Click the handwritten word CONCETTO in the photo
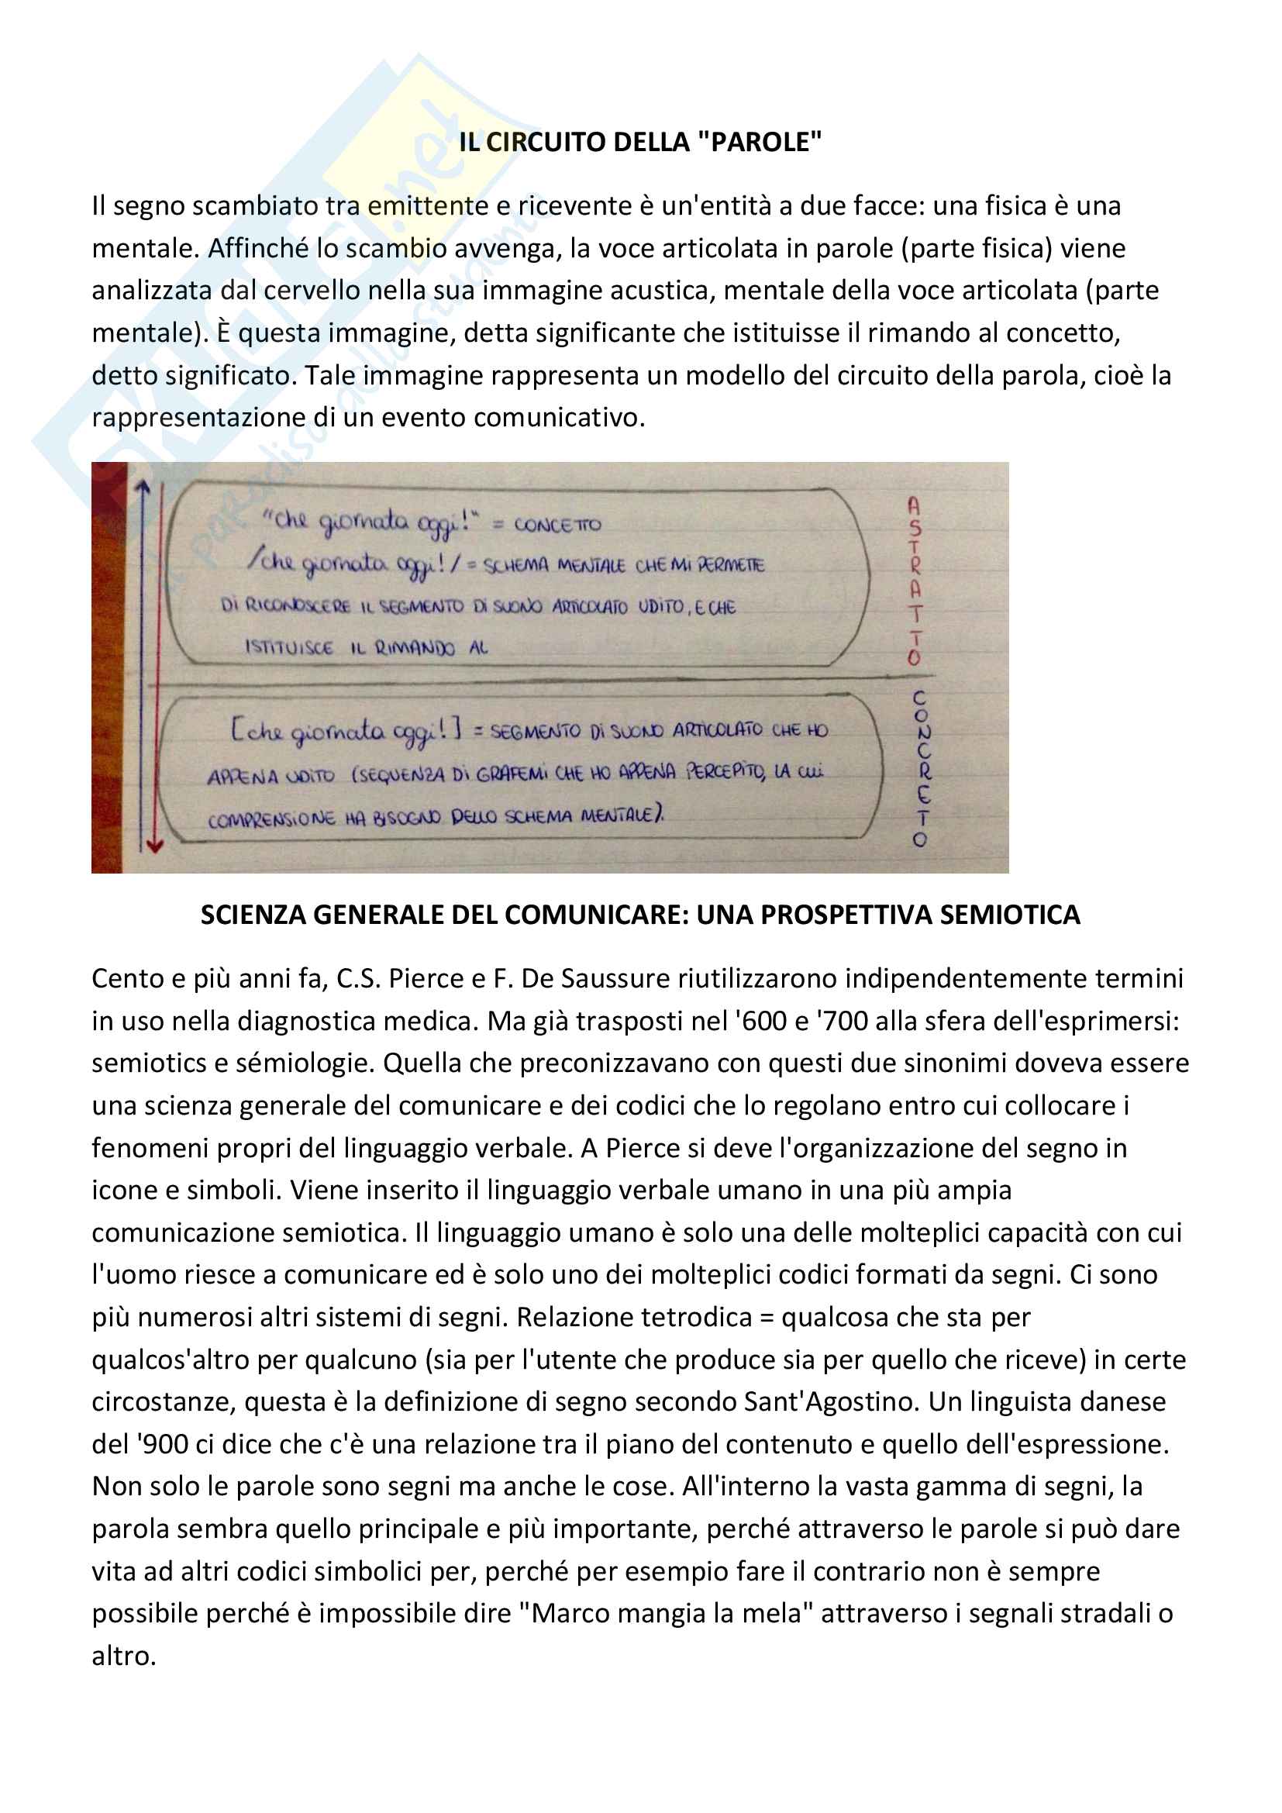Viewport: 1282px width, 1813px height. pyautogui.click(x=557, y=525)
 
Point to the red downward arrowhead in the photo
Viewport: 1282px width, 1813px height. pyautogui.click(x=155, y=846)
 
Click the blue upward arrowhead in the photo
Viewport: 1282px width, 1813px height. pyautogui.click(x=142, y=489)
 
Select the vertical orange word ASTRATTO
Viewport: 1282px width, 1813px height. pyautogui.click(x=914, y=581)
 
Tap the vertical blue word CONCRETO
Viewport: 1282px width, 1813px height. pyautogui.click(x=922, y=769)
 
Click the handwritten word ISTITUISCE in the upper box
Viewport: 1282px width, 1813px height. pyautogui.click(x=289, y=648)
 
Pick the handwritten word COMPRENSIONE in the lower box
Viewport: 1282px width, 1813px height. pyautogui.click(x=271, y=820)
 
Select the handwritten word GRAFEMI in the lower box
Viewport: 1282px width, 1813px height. pyautogui.click(x=512, y=774)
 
